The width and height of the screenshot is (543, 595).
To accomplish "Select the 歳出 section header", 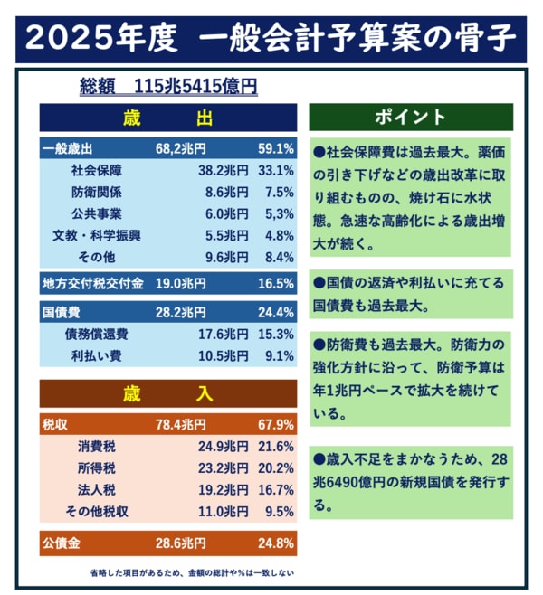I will (x=167, y=118).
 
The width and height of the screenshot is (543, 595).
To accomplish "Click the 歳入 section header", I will (x=167, y=393).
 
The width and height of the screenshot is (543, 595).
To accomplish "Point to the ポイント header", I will (x=411, y=117).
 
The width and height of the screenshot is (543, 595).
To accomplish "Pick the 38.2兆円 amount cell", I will (x=223, y=170).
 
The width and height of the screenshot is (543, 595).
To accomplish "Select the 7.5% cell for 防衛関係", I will (x=276, y=192).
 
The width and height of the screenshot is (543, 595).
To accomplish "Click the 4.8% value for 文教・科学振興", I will (x=276, y=235).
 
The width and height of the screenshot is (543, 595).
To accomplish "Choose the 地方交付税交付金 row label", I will (x=93, y=284).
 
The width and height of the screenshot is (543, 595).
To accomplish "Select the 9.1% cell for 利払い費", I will (x=276, y=355).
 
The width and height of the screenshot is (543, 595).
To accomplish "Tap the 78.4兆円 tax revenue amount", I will (x=182, y=424).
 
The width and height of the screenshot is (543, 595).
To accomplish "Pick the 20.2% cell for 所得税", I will (x=276, y=467).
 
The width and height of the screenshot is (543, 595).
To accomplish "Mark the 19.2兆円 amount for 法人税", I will (x=223, y=489).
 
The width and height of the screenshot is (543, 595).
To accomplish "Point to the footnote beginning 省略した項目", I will (x=191, y=572).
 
